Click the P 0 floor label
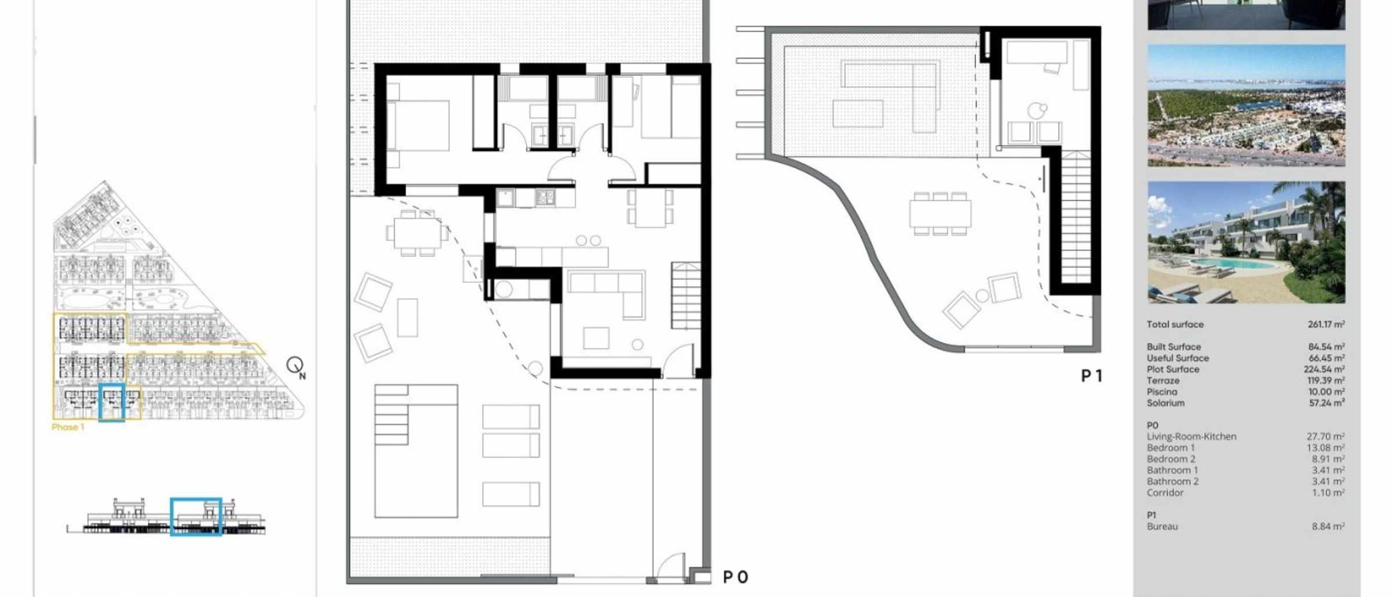[735, 577]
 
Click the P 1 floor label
[1092, 376]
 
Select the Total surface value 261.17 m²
[1326, 324]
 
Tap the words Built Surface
[1173, 347]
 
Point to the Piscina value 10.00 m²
[1327, 392]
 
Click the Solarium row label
[1165, 403]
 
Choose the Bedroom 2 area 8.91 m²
[1328, 459]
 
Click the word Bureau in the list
[1162, 527]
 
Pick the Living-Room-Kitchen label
[1191, 436]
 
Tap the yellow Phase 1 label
[68, 427]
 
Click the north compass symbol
[296, 367]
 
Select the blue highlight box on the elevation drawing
[196, 516]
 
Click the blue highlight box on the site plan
[112, 402]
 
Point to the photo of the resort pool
[1246, 243]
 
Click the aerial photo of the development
[1246, 106]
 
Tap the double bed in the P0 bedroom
[418, 126]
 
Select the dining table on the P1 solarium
[940, 214]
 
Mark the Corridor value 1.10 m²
[1328, 493]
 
